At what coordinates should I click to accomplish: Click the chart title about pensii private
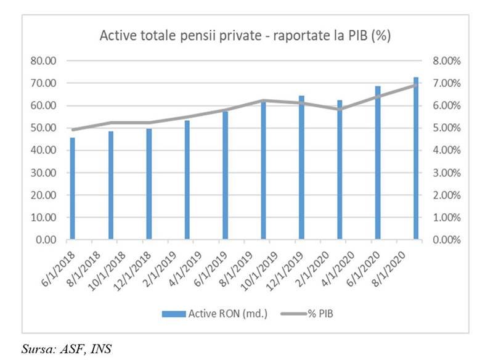point(246,36)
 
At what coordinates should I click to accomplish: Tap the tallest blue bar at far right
point(416,158)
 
